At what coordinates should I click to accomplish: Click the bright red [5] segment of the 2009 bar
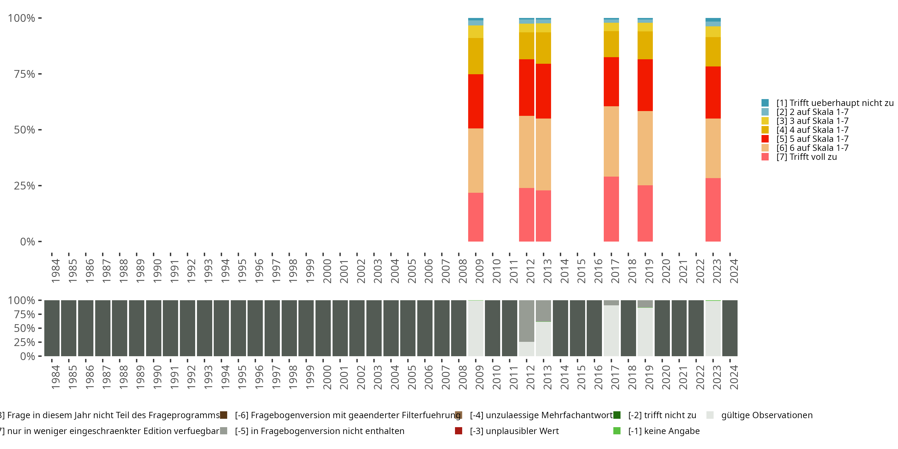coord(476,101)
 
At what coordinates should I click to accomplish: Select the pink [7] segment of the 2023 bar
coord(713,210)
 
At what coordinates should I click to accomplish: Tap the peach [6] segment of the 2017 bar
coord(611,141)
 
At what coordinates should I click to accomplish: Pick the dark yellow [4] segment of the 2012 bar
coord(527,46)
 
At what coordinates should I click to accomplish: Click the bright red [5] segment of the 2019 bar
coord(645,85)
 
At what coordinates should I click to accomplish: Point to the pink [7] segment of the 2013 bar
coord(543,216)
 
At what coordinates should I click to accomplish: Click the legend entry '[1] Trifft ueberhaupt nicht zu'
coord(833,103)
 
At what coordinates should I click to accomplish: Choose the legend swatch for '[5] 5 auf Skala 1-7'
coord(765,139)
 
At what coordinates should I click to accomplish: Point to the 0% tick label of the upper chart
coord(28,242)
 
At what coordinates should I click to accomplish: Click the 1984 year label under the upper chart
coord(55,271)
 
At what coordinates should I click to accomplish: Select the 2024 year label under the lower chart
coord(733,377)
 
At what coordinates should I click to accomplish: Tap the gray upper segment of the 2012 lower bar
coord(527,321)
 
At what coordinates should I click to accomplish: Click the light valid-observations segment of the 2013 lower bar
coord(543,339)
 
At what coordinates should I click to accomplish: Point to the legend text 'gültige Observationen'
coord(767,415)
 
